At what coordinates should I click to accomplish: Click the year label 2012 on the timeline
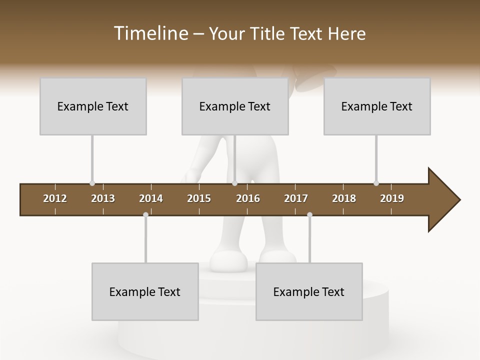coord(55,198)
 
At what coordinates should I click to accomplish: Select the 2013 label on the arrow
coord(103,198)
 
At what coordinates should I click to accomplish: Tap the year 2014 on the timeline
coord(151,198)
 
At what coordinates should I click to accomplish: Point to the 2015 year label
coord(199,198)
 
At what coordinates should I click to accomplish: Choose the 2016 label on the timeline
coord(248,198)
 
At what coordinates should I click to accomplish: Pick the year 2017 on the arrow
coord(296,198)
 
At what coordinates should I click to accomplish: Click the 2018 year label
coord(344,198)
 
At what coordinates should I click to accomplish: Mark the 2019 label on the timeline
coord(392,198)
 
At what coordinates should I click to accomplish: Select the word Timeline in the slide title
coord(150,33)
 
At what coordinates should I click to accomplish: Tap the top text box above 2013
coord(93,106)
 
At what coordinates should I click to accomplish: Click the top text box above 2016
coord(235,106)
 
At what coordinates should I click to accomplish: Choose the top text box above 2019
coord(377,106)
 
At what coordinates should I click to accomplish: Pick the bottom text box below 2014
coord(145,291)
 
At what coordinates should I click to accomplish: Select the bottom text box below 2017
coord(309,291)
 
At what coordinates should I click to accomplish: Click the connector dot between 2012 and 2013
coord(92,183)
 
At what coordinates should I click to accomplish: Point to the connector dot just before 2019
coord(376,183)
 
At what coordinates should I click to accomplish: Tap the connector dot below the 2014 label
coord(145,215)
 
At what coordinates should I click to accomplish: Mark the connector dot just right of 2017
coord(309,215)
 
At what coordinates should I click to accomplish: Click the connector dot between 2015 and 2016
coord(235,183)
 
